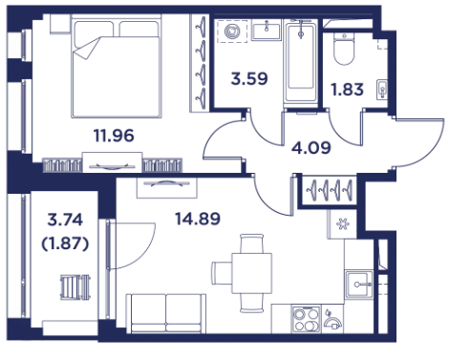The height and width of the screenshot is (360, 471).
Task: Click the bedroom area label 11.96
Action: (x=114, y=136)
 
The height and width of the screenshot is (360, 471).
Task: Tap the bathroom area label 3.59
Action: (x=249, y=78)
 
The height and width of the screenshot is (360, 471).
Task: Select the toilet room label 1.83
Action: (x=347, y=90)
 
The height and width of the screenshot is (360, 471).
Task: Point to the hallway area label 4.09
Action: (x=311, y=148)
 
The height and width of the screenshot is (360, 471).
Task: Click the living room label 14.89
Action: (x=198, y=219)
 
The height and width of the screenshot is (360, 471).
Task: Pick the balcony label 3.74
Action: (x=65, y=220)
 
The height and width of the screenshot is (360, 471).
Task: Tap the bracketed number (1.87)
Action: (x=65, y=244)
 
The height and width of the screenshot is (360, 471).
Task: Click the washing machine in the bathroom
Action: (x=232, y=31)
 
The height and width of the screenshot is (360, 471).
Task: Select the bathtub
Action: (x=300, y=61)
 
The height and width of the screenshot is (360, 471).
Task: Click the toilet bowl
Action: (x=344, y=49)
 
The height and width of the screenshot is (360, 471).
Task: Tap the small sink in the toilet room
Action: (x=382, y=90)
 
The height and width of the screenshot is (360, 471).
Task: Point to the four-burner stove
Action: (x=306, y=319)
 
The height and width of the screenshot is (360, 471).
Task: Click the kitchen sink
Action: (x=359, y=285)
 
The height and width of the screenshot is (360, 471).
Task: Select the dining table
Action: (x=251, y=273)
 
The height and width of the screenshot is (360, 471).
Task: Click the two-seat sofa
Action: (x=166, y=313)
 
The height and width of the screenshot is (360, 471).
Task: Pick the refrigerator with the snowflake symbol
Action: (x=342, y=224)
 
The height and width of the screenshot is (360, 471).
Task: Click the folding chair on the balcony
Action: (x=75, y=287)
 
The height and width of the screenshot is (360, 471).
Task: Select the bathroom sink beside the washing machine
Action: (x=267, y=30)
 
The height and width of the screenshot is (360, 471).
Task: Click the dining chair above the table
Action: (x=251, y=244)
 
